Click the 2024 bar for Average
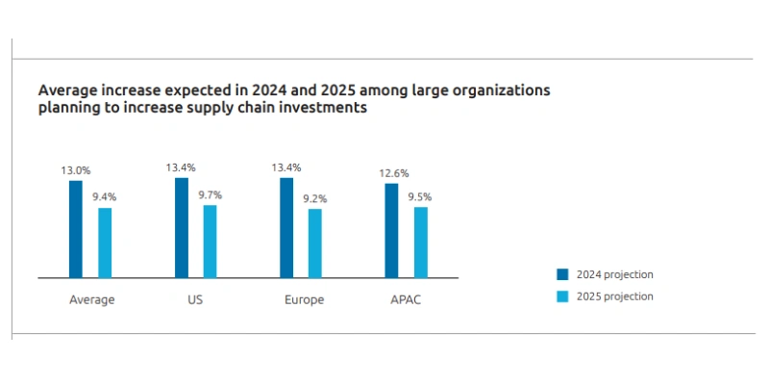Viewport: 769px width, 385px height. pos(75,229)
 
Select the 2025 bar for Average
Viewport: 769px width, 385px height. pos(105,243)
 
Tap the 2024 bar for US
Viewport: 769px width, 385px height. pos(181,228)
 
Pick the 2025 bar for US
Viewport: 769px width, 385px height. pos(211,242)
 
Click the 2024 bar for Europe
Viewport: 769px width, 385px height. pos(286,228)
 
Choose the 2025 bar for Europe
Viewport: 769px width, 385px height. pos(315,244)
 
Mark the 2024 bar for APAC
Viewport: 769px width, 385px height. pos(391,231)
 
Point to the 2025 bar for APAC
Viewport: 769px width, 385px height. pos(421,243)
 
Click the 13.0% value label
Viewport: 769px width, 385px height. pos(76,170)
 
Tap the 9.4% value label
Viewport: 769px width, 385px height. pos(105,197)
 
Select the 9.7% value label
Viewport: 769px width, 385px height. pos(211,194)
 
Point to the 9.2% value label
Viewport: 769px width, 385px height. pos(315,198)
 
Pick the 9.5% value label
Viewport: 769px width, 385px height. pos(420,196)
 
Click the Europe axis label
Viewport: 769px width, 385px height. pos(304,299)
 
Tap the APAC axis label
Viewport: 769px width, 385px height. pos(406,299)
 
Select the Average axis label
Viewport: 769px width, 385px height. pos(92,299)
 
